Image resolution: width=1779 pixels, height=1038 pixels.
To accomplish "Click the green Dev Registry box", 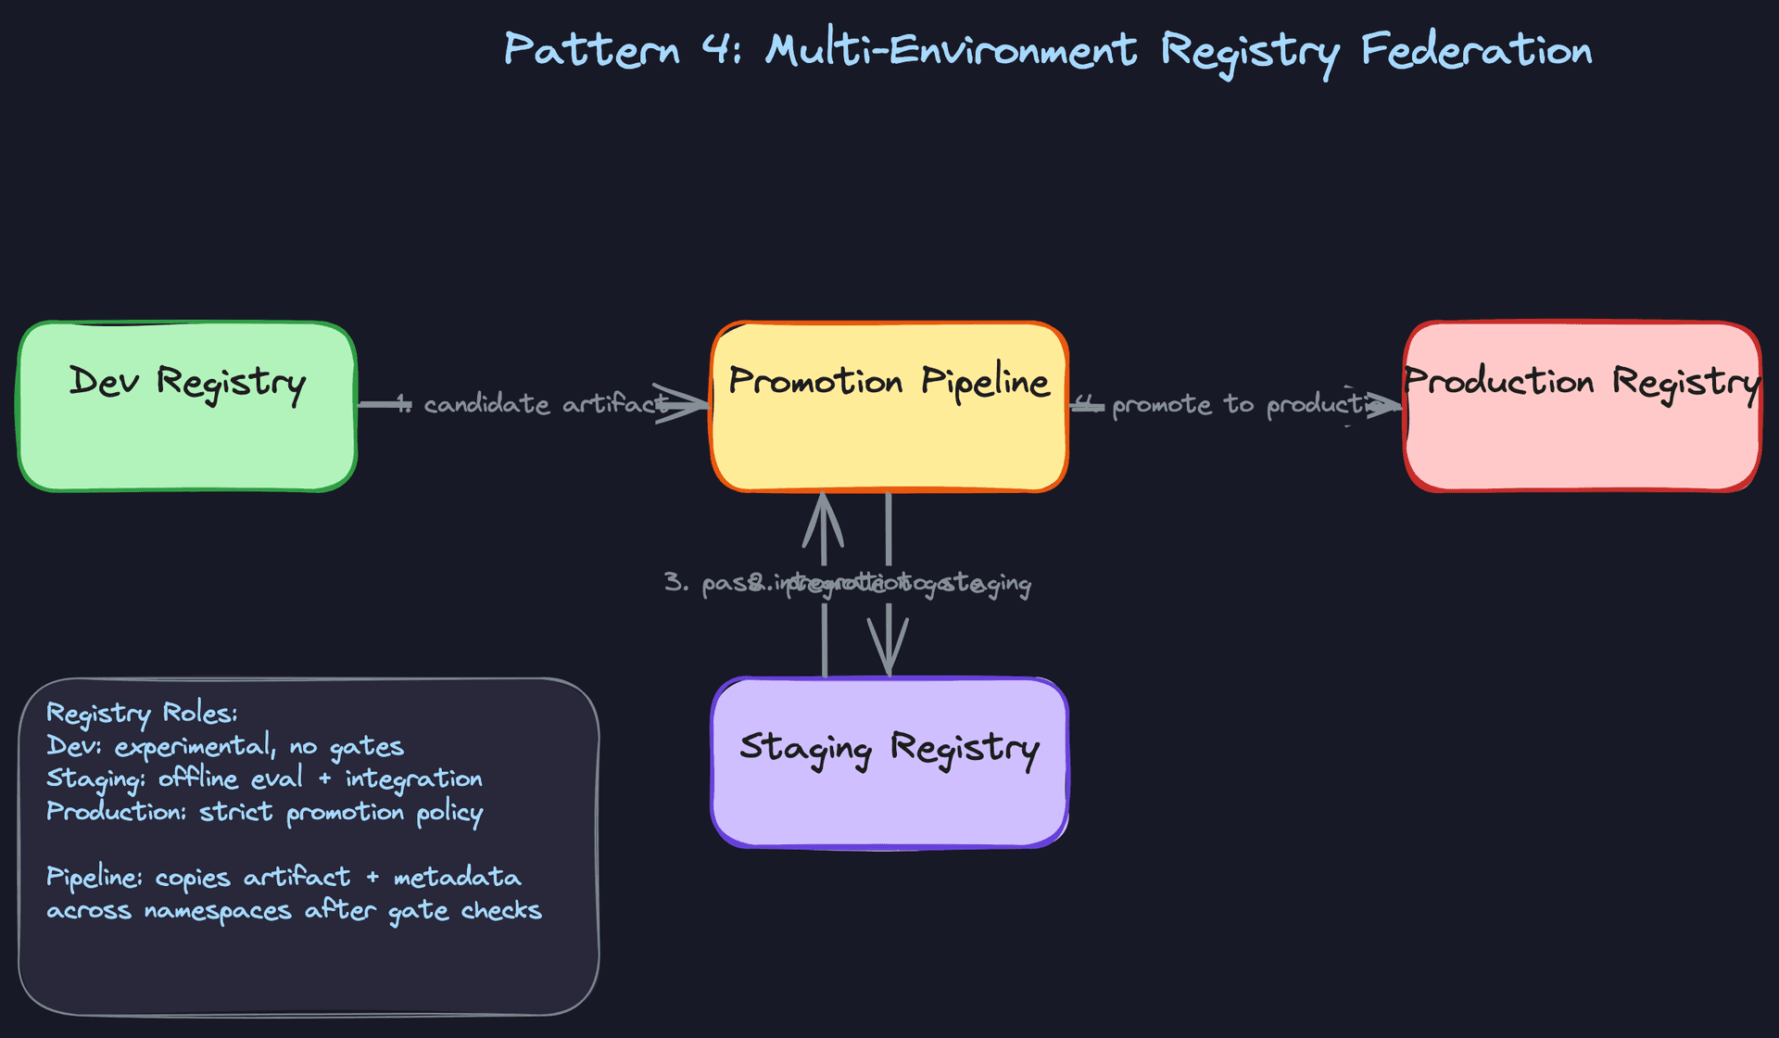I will pyautogui.click(x=187, y=406).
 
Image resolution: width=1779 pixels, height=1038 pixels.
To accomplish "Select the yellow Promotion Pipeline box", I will pyautogui.click(x=889, y=406).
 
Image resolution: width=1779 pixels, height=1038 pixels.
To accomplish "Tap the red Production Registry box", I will pyautogui.click(x=1582, y=406).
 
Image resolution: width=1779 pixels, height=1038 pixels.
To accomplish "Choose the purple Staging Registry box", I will pyautogui.click(x=889, y=762).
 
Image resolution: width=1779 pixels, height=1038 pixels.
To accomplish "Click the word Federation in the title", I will pyautogui.click(x=1476, y=49).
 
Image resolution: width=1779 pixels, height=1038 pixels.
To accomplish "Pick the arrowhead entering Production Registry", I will pyautogui.click(x=1381, y=405).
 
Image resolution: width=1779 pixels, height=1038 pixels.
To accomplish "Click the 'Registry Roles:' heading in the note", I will pyautogui.click(x=142, y=714).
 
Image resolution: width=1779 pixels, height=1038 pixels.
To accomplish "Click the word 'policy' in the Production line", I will pyautogui.click(x=449, y=813).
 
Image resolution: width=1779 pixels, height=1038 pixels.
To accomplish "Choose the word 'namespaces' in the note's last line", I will pyautogui.click(x=218, y=911).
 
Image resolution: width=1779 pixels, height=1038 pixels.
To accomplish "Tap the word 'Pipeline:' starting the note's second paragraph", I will pyautogui.click(x=95, y=877).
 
